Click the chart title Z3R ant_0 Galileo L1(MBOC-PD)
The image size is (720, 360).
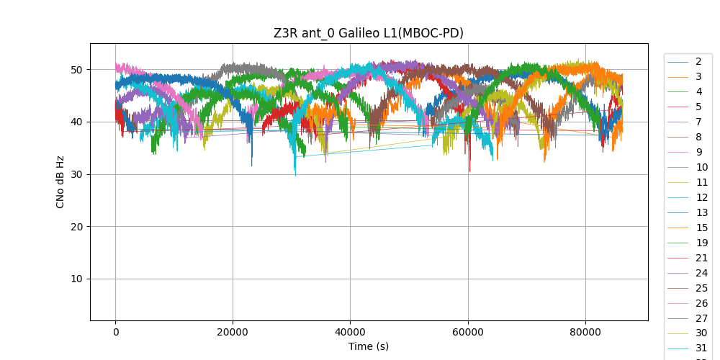pos(368,33)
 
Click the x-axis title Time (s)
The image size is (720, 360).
pos(368,346)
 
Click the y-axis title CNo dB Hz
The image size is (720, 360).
pos(60,181)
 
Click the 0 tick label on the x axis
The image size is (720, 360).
pos(115,332)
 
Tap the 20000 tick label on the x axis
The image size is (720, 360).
pos(233,332)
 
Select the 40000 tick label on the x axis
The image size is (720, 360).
pos(350,332)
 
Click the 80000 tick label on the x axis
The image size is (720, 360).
pos(585,332)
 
